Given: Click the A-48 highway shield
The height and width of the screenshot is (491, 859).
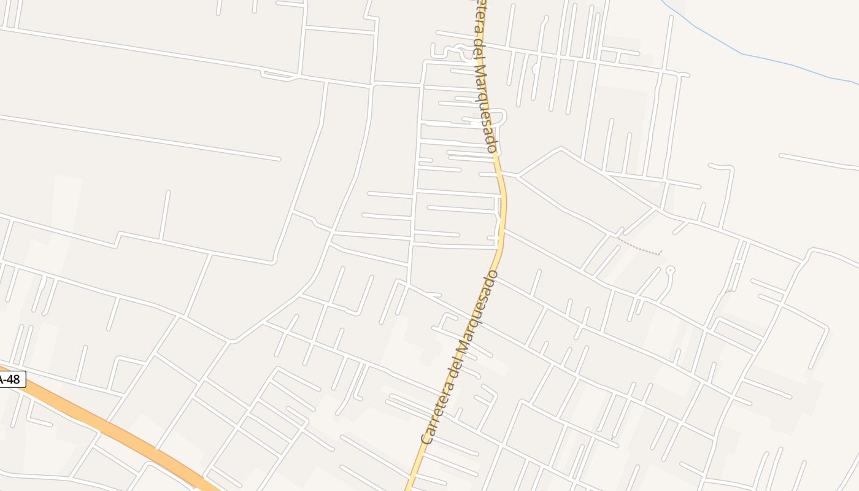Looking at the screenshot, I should (x=10, y=379).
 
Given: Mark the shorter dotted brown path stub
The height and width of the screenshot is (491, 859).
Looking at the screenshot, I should (x=728, y=292).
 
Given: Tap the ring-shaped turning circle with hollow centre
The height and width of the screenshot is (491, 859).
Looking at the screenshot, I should (x=670, y=269).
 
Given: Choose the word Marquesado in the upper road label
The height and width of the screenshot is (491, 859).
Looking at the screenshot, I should (x=485, y=108).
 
